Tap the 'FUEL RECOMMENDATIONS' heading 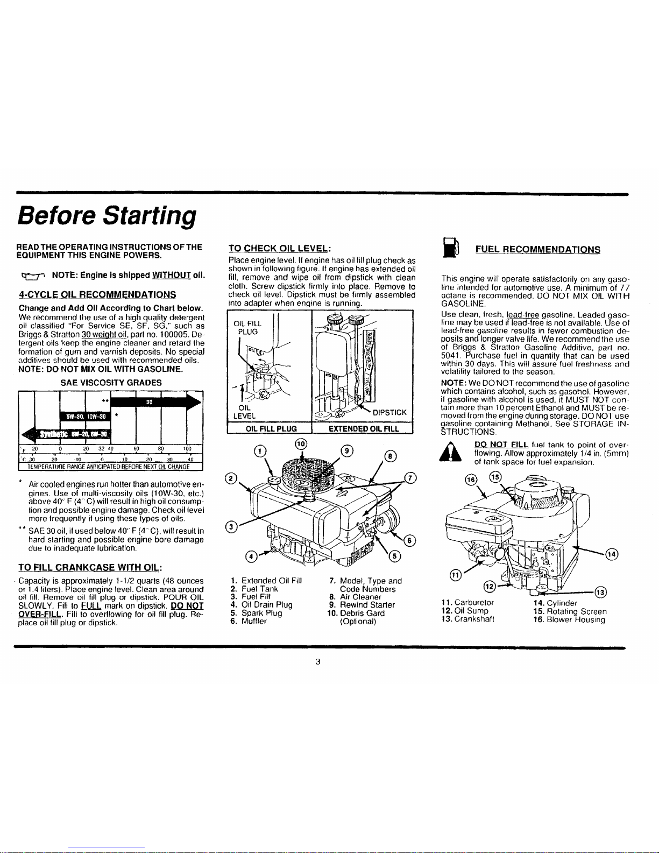tap(537, 249)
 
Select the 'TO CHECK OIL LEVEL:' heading tap(279, 248)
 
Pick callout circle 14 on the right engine tap(612, 554)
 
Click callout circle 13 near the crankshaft tap(601, 592)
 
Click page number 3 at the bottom tap(318, 661)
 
